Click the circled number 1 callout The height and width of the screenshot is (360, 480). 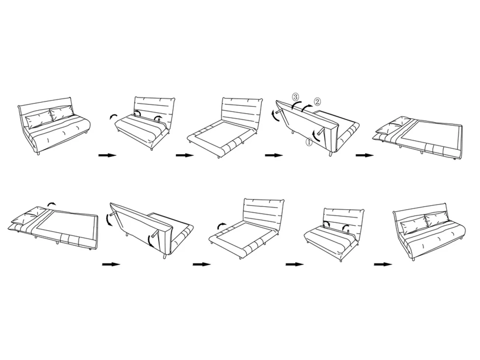click(309, 142)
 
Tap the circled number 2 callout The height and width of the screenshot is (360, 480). click(317, 102)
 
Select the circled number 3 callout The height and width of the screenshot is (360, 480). click(295, 96)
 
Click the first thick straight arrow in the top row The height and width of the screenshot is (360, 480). click(107, 155)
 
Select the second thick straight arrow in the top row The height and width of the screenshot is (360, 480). click(185, 155)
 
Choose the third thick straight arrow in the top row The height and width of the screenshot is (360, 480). click(274, 155)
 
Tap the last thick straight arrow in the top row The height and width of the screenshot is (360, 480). click(364, 155)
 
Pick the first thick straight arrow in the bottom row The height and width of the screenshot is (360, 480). click(111, 264)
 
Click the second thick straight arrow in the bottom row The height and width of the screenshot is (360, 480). click(202, 264)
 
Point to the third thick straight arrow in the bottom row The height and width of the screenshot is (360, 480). click(295, 264)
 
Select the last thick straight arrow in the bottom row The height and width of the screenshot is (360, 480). click(383, 264)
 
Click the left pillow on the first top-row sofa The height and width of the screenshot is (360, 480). click(39, 119)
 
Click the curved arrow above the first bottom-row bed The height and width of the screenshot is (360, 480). click(52, 204)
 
